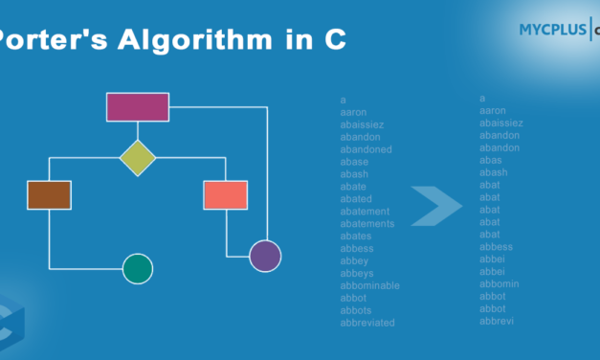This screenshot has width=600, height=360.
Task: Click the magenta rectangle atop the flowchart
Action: pos(138,107)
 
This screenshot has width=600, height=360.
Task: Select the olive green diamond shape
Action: pos(138,158)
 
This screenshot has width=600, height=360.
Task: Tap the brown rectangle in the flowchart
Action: pos(49,194)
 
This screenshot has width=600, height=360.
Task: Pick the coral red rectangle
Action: pos(225,194)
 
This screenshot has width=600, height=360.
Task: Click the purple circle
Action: pos(265,256)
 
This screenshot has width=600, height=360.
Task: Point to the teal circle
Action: pos(138,269)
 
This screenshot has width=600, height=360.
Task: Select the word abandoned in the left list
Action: pos(366,149)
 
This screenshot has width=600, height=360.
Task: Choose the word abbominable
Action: pos(369,285)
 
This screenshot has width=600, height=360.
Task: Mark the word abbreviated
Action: pos(367,323)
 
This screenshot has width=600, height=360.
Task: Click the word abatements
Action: pos(367,223)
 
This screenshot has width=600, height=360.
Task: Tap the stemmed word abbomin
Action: pos(500,283)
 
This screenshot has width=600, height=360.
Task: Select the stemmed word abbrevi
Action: pos(497,321)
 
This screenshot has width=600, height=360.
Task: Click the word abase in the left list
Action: pos(354,162)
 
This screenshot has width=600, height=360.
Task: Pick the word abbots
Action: pos(355,310)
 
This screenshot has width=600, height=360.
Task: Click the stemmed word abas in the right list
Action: pos(490,160)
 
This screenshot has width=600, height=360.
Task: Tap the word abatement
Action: pos(365,211)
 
